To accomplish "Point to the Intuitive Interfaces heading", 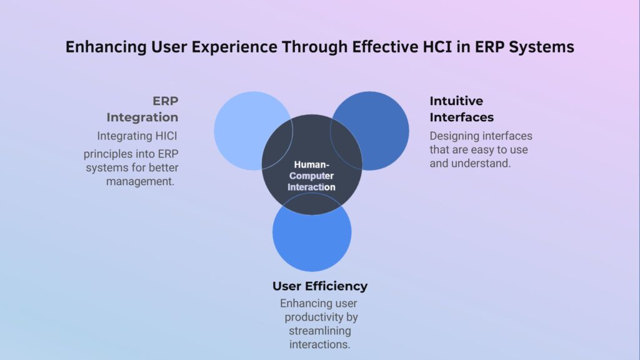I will coord(461,109).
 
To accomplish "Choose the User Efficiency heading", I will coord(319,286).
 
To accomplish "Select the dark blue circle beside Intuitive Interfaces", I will coord(378,125).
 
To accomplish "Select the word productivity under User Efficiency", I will coord(319,317).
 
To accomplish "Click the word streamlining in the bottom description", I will coord(319,331).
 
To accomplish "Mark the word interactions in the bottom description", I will coord(319,344).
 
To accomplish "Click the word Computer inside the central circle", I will coord(311,176).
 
